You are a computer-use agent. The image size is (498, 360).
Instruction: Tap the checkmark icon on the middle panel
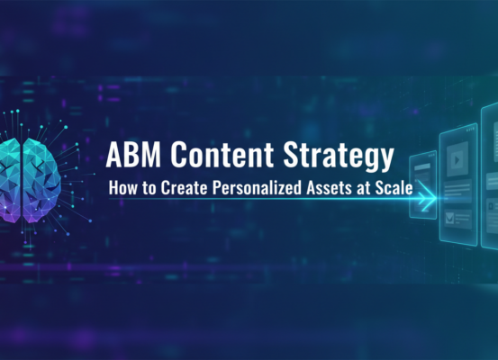450,216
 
